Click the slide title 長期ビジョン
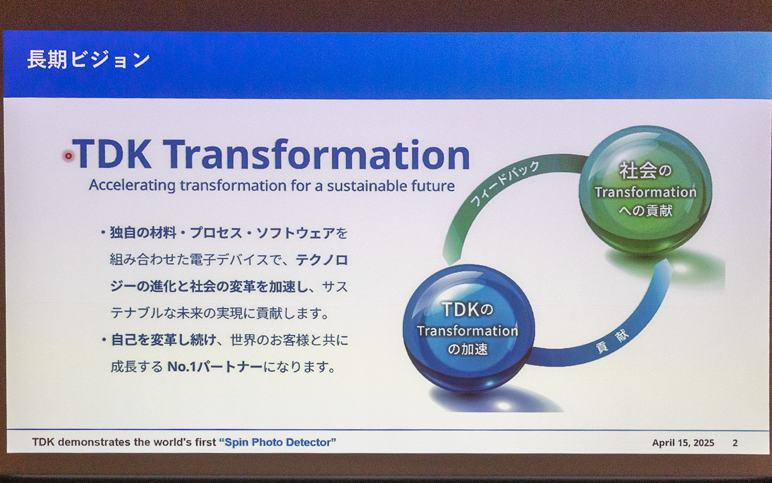click(x=88, y=60)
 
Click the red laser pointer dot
click(x=68, y=156)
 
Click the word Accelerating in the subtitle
click(x=132, y=186)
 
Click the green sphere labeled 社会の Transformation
click(x=645, y=189)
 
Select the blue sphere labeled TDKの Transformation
click(x=468, y=328)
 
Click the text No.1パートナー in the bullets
click(x=215, y=367)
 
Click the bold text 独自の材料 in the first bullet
click(x=143, y=233)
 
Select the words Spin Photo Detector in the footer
click(x=277, y=442)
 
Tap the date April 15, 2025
click(x=683, y=443)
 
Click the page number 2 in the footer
click(x=735, y=443)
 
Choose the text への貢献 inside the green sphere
click(x=645, y=210)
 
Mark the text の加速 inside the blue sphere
click(x=468, y=349)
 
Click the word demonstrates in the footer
click(x=94, y=442)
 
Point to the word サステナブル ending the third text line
click(x=335, y=287)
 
